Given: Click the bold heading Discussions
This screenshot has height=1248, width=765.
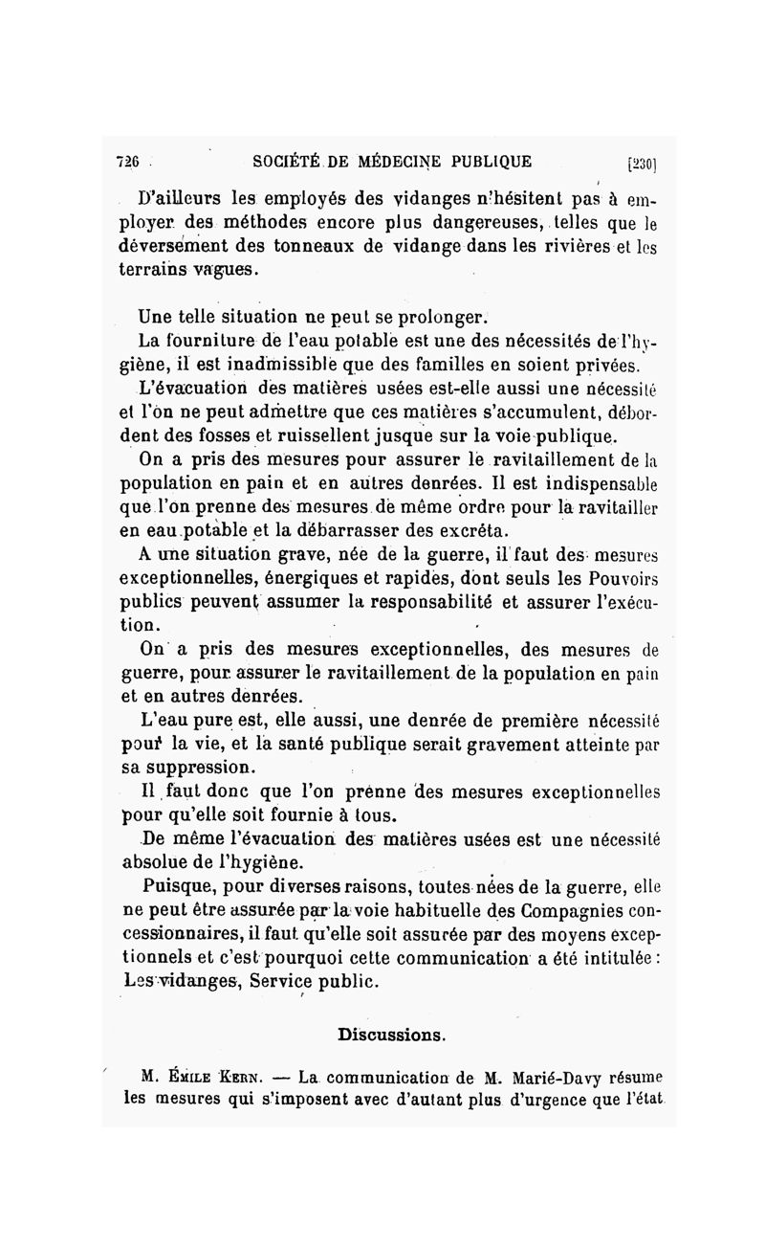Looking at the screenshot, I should (390, 1035).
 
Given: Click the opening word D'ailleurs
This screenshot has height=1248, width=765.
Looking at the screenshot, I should (183, 201).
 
